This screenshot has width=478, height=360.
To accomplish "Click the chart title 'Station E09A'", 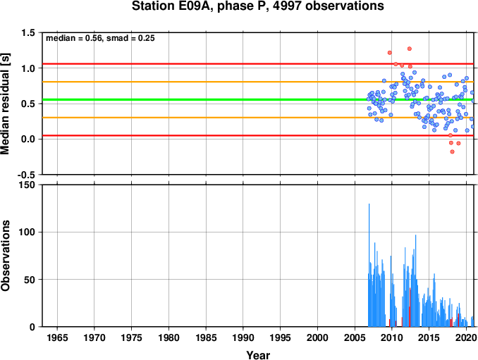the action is pos(173,6).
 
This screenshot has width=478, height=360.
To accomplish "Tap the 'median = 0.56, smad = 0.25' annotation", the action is pos(100,38).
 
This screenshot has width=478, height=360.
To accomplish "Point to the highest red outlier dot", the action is pos(410,49).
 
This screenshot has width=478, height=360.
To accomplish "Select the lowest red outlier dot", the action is pos(452,151).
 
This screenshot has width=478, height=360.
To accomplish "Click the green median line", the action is pos(258,99).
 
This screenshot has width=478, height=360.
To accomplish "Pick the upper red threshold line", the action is pos(258,63).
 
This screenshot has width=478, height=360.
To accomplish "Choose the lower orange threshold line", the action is pos(258,118).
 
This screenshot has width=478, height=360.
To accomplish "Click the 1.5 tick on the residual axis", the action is pos(27,32).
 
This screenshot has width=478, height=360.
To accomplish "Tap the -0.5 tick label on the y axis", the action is pos(26,175).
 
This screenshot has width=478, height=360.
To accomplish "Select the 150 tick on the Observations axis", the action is pos(27,185).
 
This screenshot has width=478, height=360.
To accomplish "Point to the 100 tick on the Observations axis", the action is pos(27,232).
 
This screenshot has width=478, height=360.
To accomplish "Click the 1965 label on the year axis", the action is pos(57,337).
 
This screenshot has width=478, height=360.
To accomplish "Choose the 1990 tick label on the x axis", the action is pos(243,337).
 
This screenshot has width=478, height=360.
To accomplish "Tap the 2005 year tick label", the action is pos(355,337).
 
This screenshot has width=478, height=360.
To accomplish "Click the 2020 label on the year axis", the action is pos(466,337).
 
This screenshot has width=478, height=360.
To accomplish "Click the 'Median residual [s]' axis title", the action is pos(5,104).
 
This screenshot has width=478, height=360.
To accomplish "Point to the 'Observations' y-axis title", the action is pos(5,255).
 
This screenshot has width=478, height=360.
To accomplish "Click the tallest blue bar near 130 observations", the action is pos(369,265).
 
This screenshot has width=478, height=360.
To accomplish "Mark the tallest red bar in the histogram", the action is pos(410,307).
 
